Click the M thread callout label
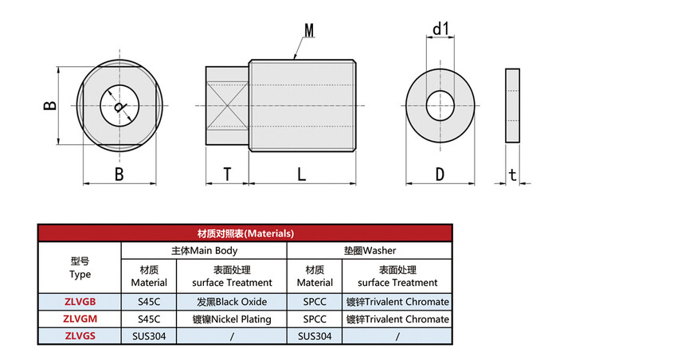309,30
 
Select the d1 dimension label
440,29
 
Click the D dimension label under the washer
440,174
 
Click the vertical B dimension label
49,105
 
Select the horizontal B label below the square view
119,174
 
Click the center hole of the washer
440,105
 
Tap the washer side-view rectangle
512,105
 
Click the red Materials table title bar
245,233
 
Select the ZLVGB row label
80,302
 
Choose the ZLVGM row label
80,319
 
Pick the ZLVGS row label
80,336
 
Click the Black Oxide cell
232,302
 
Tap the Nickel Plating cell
232,319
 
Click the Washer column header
370,250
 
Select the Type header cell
80,268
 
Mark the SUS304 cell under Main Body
149,336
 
